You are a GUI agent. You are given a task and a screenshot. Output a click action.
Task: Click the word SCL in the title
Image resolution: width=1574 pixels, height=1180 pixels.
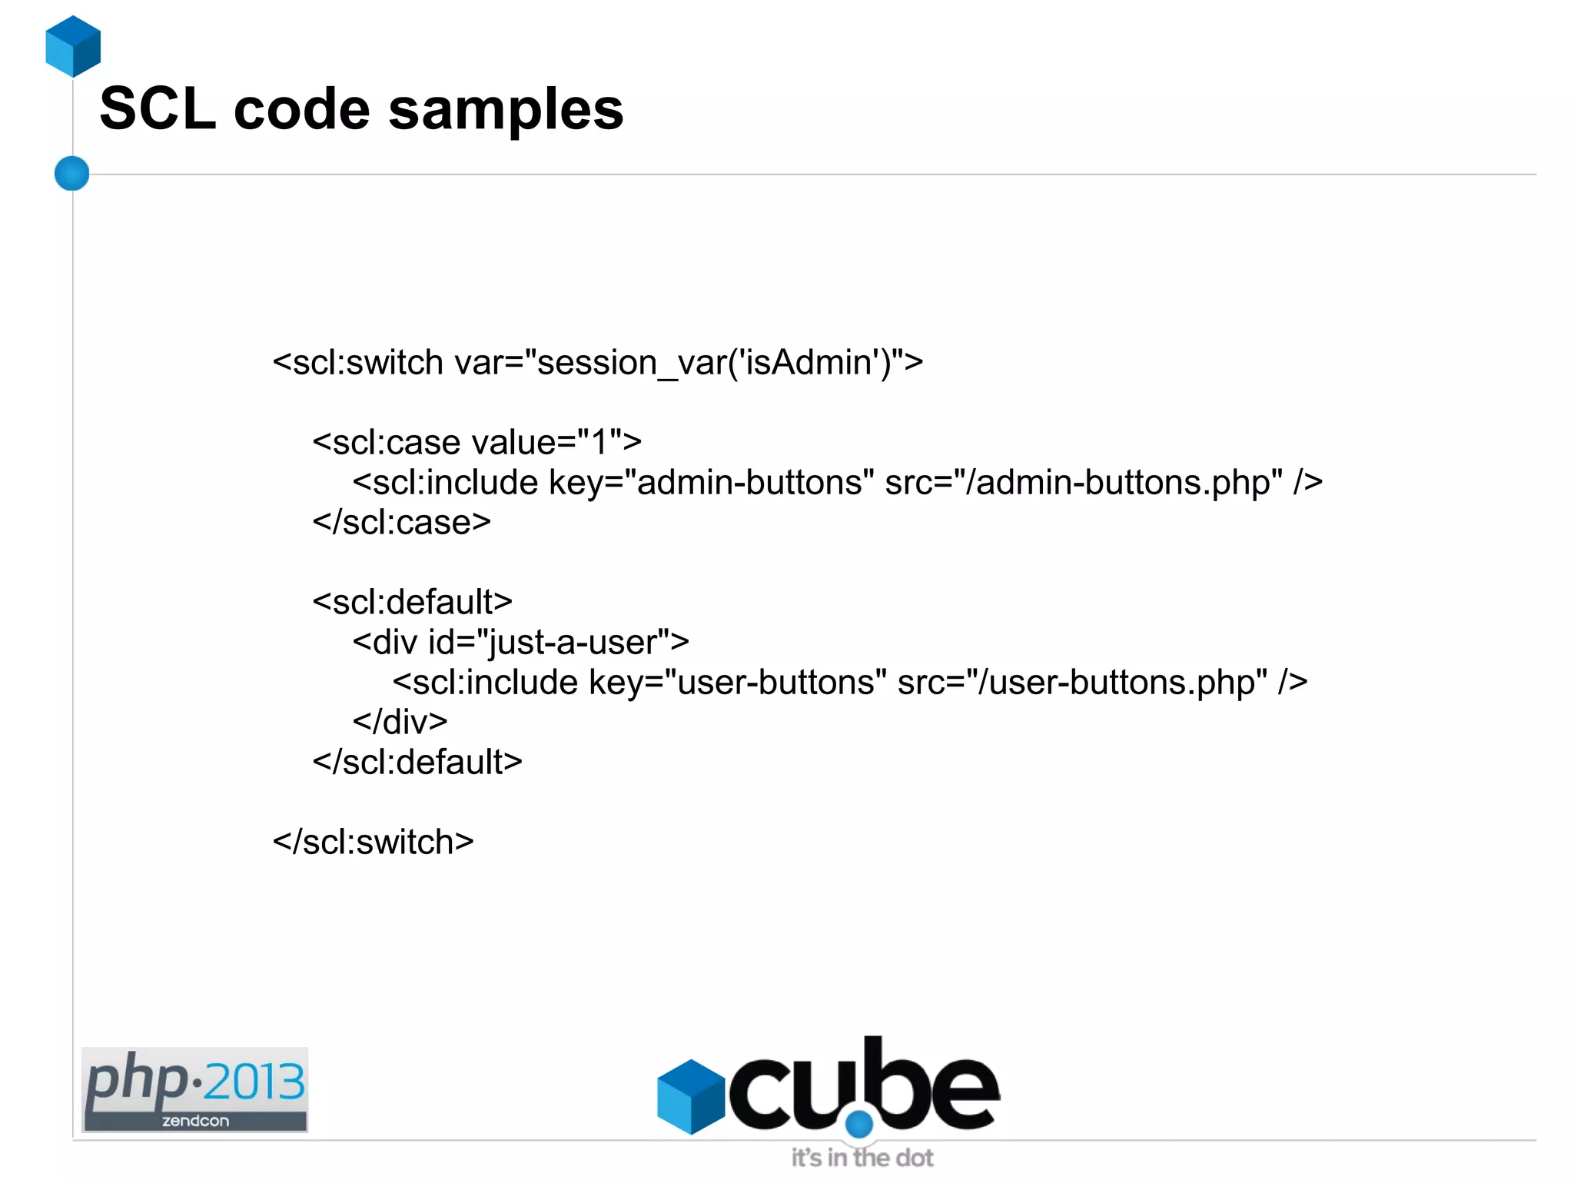[158, 108]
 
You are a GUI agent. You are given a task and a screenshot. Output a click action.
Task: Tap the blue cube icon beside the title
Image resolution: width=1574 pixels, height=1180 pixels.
[73, 46]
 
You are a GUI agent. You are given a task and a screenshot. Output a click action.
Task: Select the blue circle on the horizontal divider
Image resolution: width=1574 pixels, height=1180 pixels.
[72, 173]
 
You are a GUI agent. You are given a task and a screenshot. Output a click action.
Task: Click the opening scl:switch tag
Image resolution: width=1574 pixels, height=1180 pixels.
[357, 362]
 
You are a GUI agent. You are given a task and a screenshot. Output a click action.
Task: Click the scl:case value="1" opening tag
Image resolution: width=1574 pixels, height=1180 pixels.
[477, 442]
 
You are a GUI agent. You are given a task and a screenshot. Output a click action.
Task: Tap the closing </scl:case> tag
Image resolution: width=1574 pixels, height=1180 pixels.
[401, 523]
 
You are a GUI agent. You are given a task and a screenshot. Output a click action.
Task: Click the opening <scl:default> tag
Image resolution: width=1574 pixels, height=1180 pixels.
[412, 602]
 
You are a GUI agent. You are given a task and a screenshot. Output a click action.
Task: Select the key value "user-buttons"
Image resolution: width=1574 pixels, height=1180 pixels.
[775, 682]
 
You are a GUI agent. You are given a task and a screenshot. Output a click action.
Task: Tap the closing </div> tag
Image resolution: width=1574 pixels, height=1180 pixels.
[400, 722]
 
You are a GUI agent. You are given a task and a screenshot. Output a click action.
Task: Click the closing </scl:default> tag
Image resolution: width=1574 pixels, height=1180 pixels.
[417, 762]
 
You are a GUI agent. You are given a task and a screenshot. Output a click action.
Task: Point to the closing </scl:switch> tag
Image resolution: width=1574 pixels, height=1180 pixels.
[373, 842]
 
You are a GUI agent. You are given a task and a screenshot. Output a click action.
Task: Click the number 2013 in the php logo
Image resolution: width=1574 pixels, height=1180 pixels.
[254, 1082]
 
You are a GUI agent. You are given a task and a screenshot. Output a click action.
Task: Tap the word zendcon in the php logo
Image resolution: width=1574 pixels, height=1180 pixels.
[195, 1121]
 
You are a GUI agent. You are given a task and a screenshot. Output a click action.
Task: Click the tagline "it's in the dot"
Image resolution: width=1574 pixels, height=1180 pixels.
[862, 1158]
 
